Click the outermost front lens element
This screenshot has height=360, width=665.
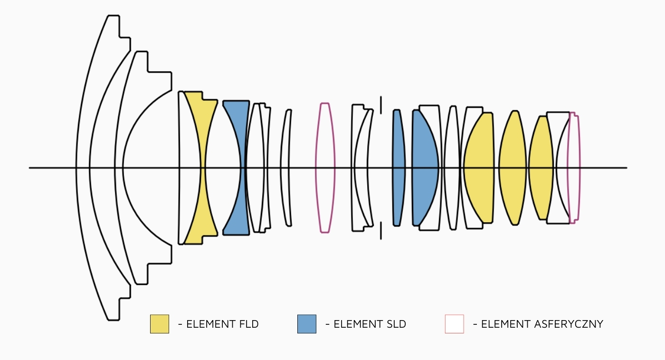click(83, 168)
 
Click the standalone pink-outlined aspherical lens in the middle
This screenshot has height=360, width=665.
click(325, 168)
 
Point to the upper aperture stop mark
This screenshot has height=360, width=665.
click(381, 105)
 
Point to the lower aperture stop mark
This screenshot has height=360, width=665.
click(381, 231)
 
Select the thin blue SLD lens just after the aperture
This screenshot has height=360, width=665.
click(399, 168)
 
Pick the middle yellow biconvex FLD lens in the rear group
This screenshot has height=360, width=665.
click(513, 168)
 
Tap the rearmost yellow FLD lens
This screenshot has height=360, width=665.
click(541, 168)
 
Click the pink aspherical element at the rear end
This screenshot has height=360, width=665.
click(574, 168)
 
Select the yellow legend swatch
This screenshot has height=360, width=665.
click(160, 324)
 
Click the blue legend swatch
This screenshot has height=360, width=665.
click(307, 324)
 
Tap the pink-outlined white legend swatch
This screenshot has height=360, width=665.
click(454, 324)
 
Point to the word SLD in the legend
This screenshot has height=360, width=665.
click(395, 324)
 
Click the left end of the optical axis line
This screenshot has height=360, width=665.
click(29, 168)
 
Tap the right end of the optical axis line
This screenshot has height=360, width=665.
click(627, 168)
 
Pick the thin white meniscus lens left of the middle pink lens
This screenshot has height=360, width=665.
click(285, 168)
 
